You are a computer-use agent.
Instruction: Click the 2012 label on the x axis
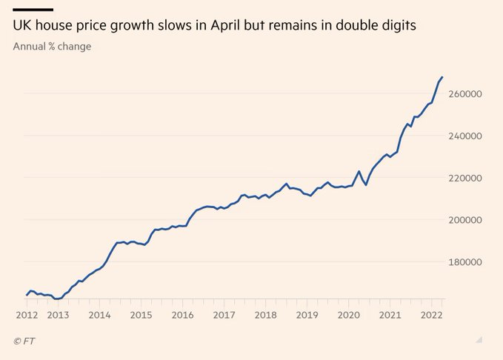(26, 315)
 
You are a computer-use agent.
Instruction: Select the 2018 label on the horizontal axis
(265, 315)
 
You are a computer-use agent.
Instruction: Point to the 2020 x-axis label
(347, 315)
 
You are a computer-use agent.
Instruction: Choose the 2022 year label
(430, 315)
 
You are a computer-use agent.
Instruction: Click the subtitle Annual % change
(52, 47)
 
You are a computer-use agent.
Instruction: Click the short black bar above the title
(33, 9)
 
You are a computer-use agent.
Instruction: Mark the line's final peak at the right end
(442, 76)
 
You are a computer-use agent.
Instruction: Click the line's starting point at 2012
(27, 295)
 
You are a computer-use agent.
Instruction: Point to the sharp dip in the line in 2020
(366, 184)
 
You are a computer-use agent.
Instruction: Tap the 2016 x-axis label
(182, 315)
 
